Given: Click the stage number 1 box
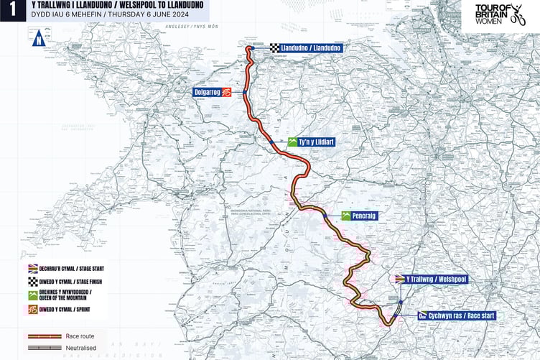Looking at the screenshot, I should (x=10, y=11).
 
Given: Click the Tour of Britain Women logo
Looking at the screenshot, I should (x=507, y=14).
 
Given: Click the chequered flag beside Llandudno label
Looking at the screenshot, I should (x=275, y=48).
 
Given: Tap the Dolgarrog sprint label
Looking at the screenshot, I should (x=207, y=93).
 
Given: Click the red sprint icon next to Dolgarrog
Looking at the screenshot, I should (x=227, y=93).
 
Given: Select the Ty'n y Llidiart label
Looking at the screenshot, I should (x=317, y=142).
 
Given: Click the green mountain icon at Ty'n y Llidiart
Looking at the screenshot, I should (x=293, y=142).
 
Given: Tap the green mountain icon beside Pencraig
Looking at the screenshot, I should (x=346, y=216).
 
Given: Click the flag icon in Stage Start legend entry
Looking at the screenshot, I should (x=33, y=268).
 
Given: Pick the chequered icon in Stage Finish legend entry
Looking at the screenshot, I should (x=33, y=281).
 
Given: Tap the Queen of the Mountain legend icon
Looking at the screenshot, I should (x=33, y=295).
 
